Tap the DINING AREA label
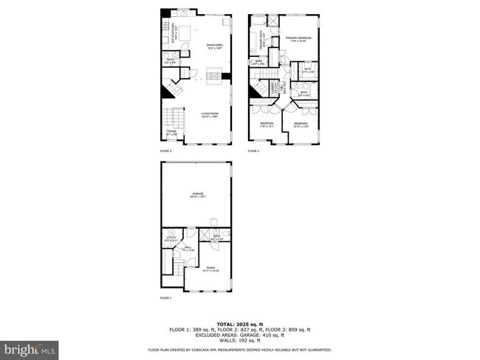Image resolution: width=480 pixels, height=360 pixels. (x=215, y=46)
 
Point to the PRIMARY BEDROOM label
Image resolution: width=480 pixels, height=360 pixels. (x=299, y=38)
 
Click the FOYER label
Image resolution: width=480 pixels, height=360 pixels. (x=172, y=135)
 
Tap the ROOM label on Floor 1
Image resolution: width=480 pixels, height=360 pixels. (x=210, y=269)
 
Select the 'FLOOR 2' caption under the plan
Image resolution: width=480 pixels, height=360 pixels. (x=165, y=150)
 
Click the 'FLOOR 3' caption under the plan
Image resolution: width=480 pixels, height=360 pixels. (x=253, y=150)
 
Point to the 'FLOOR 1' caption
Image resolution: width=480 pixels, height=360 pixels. (x=165, y=298)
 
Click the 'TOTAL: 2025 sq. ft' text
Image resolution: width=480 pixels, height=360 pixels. (x=239, y=324)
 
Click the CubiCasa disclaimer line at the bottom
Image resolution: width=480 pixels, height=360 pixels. (x=239, y=349)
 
